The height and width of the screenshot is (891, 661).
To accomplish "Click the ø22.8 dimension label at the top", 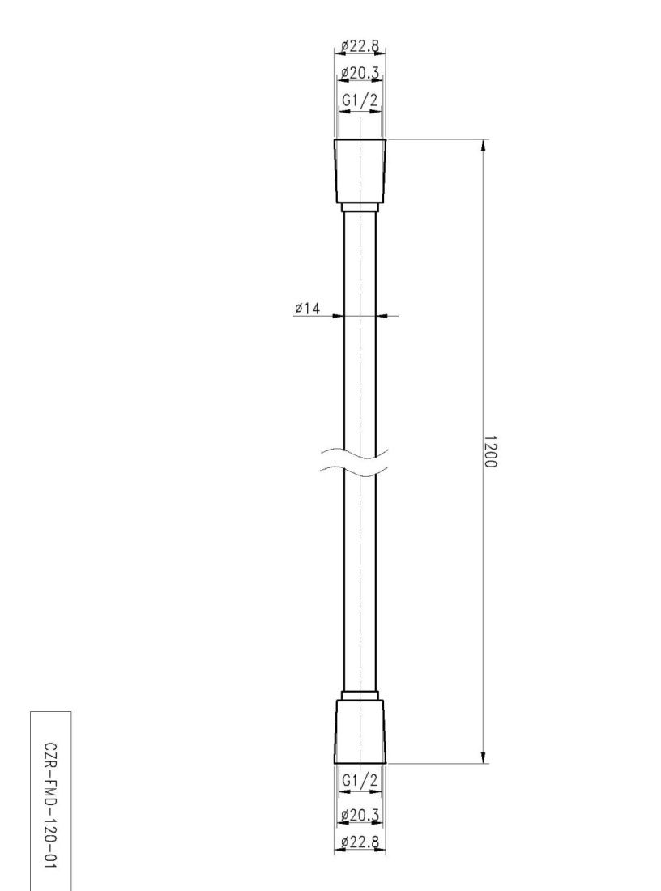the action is click(360, 46).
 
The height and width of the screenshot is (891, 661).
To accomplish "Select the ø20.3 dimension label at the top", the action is click(360, 73).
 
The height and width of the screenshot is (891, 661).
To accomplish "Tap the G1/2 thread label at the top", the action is click(360, 100).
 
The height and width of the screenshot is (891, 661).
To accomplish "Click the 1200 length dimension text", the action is click(490, 452).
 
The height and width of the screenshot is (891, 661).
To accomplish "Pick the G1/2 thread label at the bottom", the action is click(360, 781).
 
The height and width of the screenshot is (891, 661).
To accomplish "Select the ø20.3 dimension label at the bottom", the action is click(360, 816).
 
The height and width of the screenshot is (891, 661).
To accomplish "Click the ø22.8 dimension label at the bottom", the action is click(360, 842).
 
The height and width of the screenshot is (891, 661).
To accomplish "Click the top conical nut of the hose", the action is click(360, 170).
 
